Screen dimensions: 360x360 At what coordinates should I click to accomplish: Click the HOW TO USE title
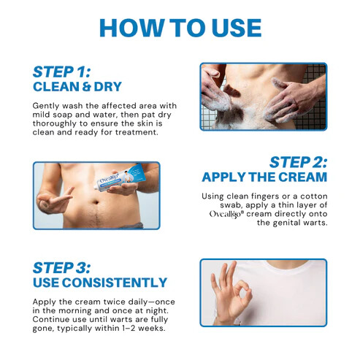(x=180, y=27)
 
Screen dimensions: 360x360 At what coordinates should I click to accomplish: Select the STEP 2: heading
(x=297, y=161)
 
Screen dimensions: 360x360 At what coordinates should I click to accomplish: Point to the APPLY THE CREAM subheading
(x=264, y=177)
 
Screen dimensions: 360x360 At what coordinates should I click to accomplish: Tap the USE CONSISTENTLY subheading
(x=100, y=282)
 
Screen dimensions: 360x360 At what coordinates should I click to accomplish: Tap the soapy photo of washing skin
(x=263, y=96)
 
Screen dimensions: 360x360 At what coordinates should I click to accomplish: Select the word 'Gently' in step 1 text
(x=47, y=106)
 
